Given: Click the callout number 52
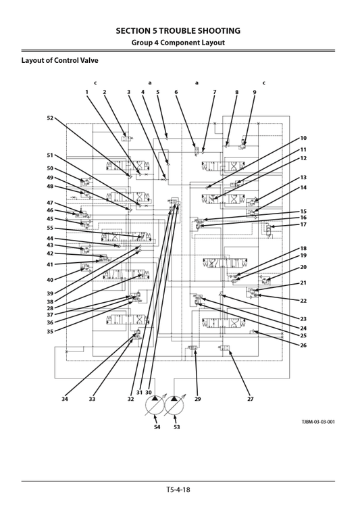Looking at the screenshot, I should point(50,118).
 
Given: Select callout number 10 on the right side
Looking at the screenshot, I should point(303,138).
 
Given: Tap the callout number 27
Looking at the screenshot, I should point(249,399).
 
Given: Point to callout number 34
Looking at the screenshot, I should point(66,399).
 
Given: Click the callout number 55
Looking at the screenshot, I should point(50,228).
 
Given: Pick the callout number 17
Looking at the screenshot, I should point(303,224).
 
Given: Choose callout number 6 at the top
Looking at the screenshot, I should point(176,92).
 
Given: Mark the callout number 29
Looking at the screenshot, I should point(198,399).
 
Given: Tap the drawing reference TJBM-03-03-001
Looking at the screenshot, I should point(317,421).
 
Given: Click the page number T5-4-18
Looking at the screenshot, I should point(180,489).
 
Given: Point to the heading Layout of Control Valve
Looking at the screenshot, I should point(59,60).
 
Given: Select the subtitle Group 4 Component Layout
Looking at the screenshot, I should point(180,43).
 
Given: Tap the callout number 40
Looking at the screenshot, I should point(50,279).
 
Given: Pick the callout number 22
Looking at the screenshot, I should point(303,300).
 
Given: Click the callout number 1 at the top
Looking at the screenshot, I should point(86,92).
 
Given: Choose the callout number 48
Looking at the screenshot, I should point(50,186).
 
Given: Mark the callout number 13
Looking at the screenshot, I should point(303,177).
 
